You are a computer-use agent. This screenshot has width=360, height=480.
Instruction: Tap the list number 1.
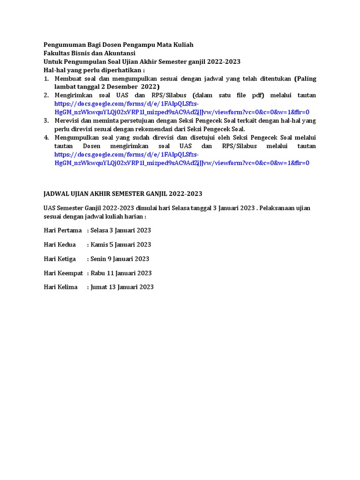46,78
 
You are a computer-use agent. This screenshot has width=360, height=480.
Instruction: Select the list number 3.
46,120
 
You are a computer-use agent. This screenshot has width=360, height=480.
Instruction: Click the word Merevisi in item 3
68,120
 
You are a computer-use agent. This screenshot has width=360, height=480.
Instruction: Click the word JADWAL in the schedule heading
57,193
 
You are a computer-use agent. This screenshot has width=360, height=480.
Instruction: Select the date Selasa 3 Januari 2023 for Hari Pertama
120,230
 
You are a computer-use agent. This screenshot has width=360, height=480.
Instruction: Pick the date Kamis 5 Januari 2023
121,245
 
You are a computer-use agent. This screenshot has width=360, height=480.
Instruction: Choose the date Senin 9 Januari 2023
120,259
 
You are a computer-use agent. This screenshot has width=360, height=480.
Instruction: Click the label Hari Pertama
63,230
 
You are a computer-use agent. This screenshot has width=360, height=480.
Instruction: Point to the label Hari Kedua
60,245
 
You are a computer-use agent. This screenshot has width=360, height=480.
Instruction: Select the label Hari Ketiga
60,259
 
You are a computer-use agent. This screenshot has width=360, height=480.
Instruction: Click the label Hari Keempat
63,273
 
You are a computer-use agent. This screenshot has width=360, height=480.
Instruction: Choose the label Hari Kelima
60,287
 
